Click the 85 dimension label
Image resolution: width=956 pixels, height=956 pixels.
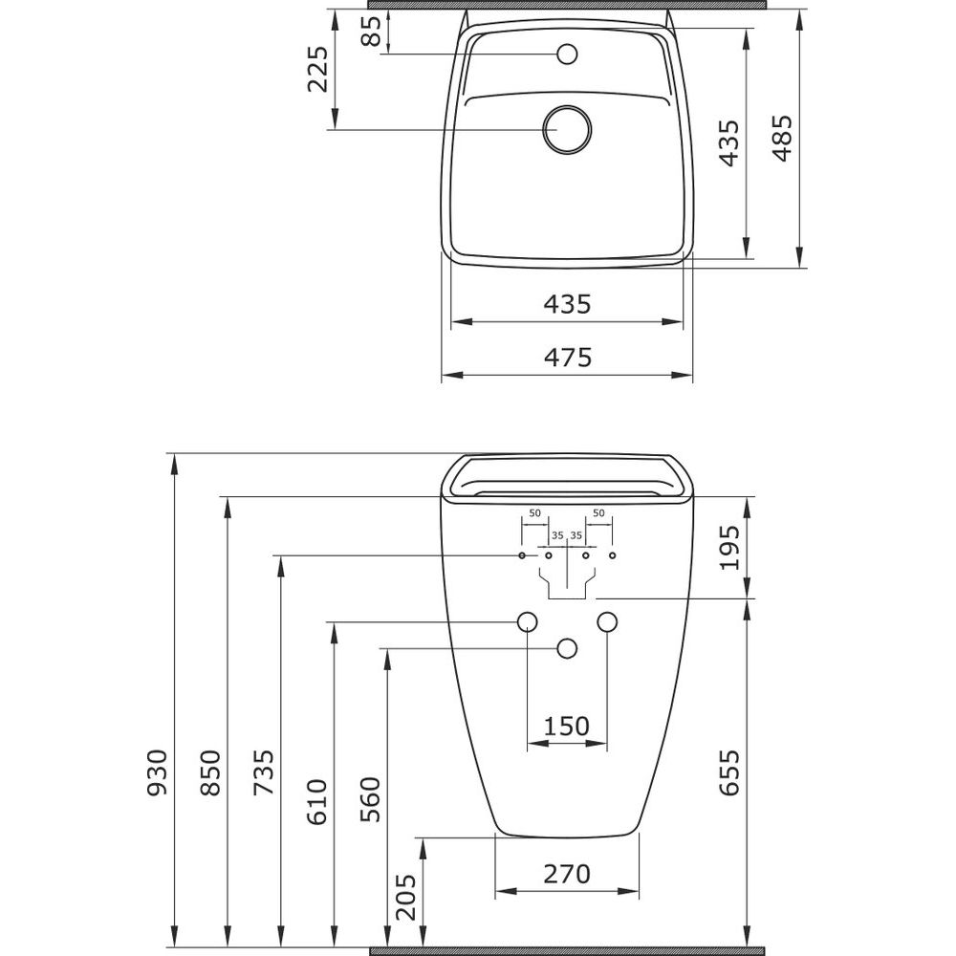371,31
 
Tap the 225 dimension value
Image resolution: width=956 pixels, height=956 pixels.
317,69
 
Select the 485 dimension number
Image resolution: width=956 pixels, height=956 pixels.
783,139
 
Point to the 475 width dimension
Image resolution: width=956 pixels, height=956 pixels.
568,358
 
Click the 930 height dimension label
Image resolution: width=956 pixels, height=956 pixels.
158,773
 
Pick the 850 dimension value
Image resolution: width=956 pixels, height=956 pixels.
210,773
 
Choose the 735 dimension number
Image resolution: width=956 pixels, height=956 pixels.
264,773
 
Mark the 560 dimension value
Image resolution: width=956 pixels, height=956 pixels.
370,799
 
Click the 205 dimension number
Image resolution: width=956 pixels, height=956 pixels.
406,897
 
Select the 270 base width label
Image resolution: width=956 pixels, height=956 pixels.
567,875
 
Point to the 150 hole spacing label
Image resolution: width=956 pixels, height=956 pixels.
566,727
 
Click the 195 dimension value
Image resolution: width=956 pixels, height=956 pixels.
729,547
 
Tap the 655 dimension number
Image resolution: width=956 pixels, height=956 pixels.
729,773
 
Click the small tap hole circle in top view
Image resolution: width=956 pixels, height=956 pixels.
567,54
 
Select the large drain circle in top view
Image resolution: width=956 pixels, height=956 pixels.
567,130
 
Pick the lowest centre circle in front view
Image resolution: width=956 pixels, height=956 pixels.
567,649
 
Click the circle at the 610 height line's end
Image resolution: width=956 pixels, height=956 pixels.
528,622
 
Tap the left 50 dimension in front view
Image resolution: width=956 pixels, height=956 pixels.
534,512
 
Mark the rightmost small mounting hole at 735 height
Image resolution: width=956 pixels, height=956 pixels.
613,555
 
